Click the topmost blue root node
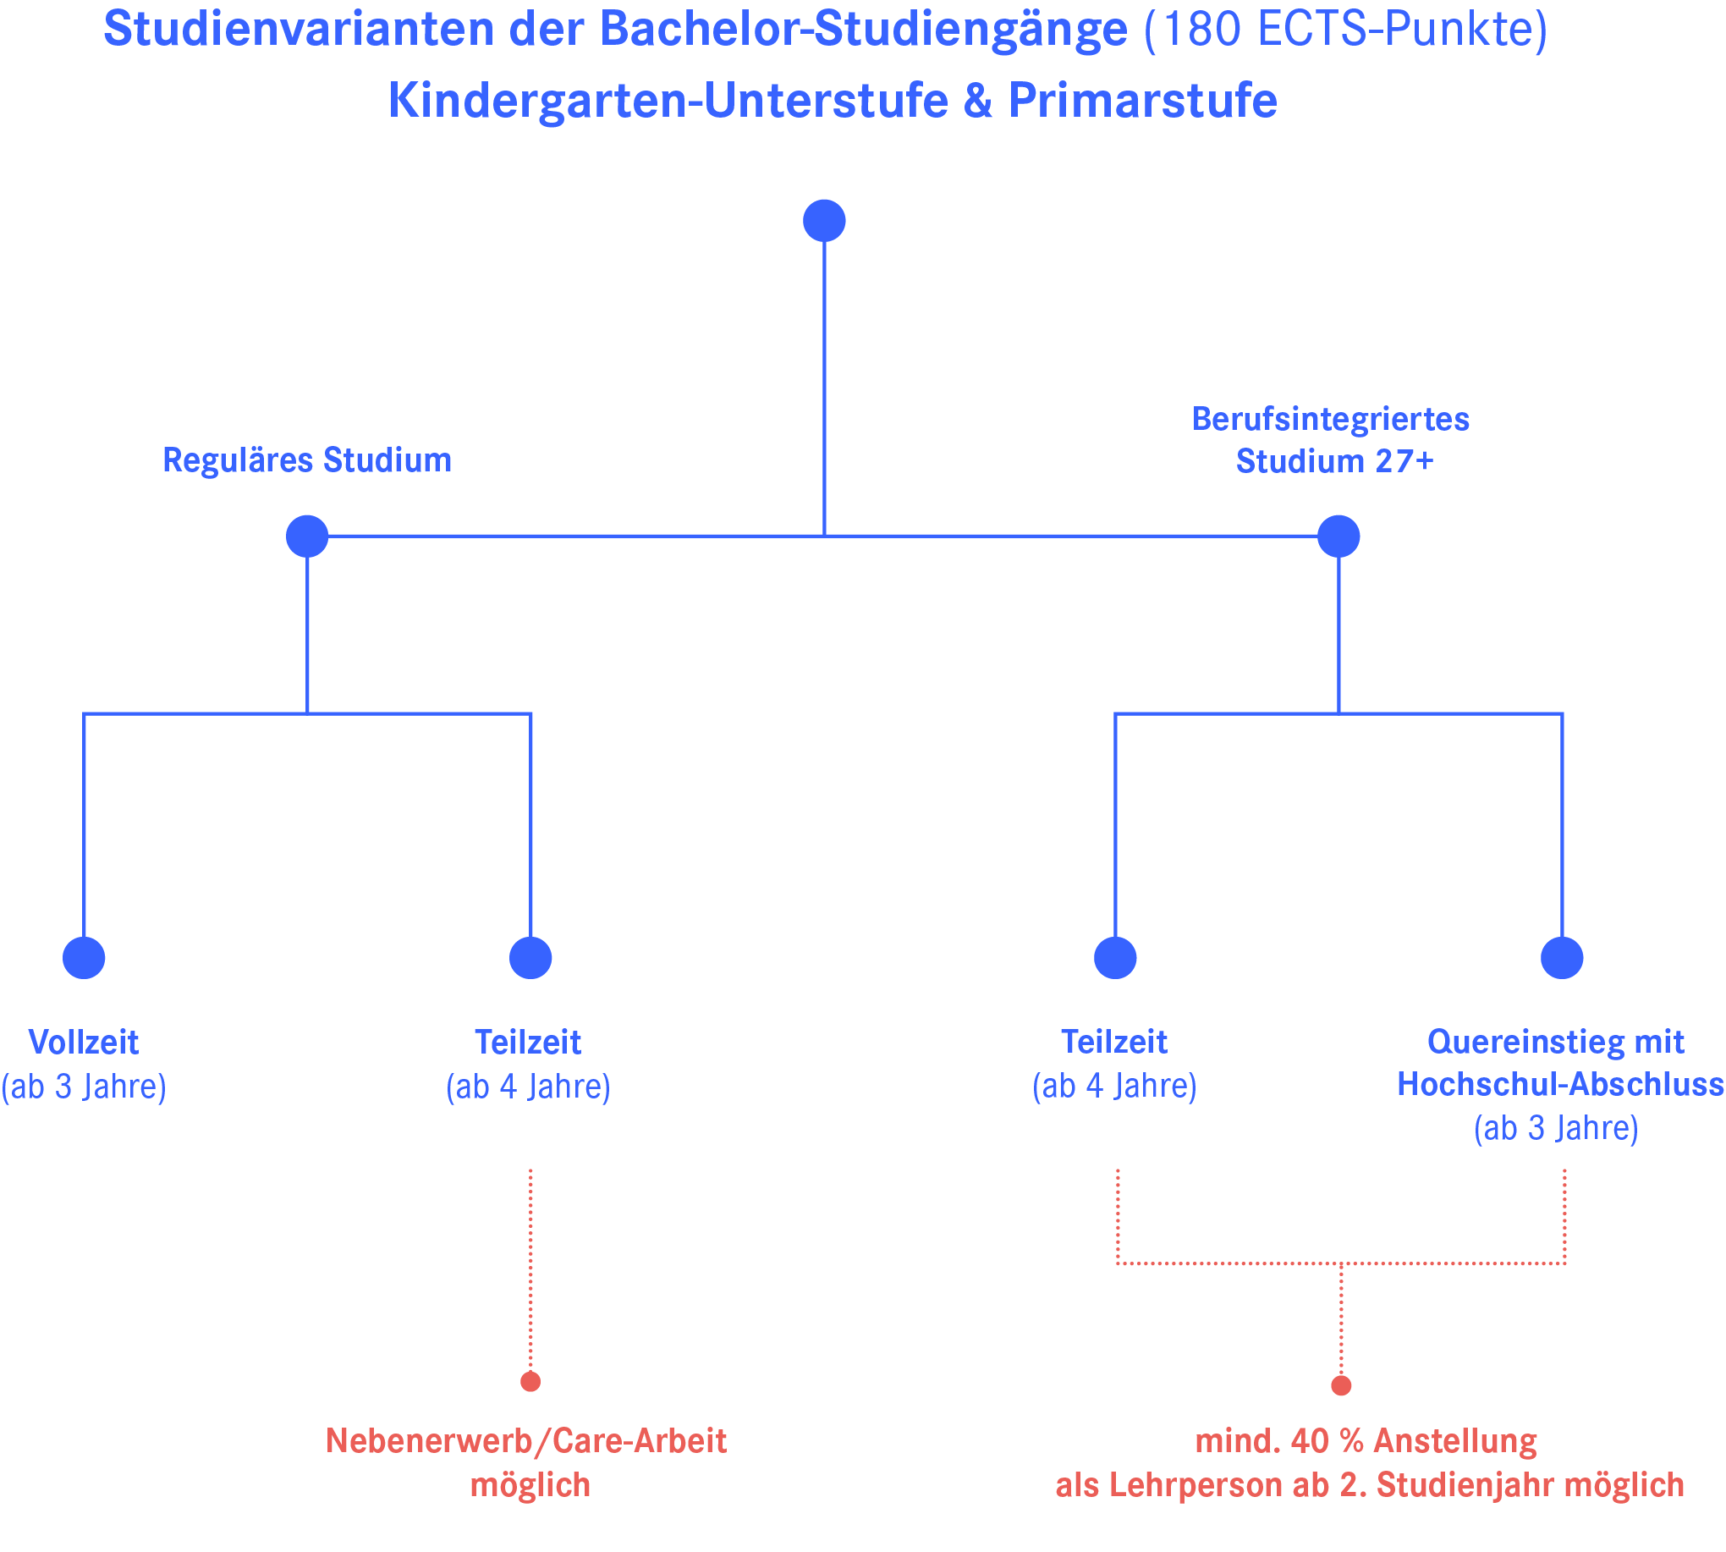(x=824, y=221)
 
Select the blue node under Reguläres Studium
(x=307, y=537)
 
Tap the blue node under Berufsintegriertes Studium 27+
(x=1338, y=537)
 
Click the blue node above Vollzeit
(x=84, y=958)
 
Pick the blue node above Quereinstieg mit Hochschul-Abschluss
(x=1561, y=958)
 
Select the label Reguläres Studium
(x=307, y=460)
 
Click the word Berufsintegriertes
(x=1330, y=420)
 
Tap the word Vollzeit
(x=84, y=1042)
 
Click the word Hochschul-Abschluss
(x=1559, y=1085)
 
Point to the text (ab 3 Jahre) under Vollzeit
(x=84, y=1087)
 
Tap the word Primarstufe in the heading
(x=1142, y=101)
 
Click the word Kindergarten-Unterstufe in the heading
(x=668, y=101)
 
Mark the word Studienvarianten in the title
(x=299, y=30)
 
